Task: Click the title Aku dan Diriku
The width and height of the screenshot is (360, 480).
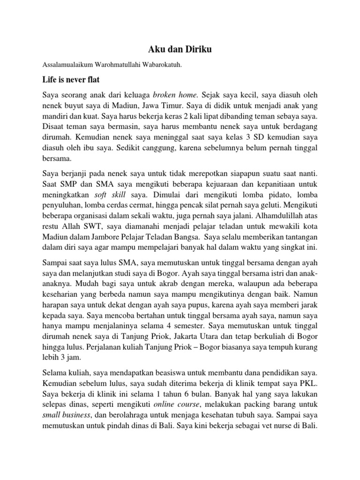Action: [180, 50]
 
